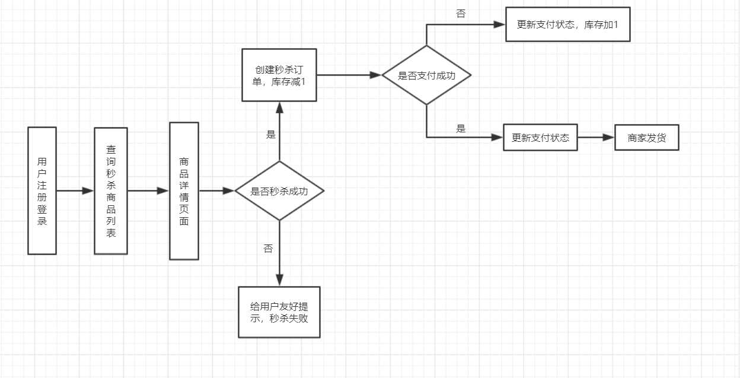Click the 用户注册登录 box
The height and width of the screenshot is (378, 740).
point(42,191)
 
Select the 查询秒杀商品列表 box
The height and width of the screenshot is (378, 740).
point(111,191)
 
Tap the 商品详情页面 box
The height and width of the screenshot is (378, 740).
point(184,191)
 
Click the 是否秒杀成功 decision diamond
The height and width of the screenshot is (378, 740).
point(279,191)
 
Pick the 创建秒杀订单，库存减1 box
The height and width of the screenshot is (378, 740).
point(279,75)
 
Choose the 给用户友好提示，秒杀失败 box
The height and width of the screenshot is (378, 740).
point(279,312)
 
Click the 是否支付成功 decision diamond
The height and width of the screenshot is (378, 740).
point(426,75)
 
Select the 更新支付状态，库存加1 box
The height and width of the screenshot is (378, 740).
point(568,24)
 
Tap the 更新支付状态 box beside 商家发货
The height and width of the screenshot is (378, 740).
point(540,137)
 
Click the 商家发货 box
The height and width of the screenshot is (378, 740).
point(647,137)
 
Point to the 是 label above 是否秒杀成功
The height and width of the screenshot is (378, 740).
point(271,134)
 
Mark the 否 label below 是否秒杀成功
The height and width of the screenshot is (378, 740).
point(268,248)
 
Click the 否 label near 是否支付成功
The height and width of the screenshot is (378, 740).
point(461,13)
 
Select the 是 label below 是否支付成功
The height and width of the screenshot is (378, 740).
point(461,128)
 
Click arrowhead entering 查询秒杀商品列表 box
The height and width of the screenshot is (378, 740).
point(88,191)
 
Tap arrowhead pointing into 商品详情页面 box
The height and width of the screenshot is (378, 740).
point(163,191)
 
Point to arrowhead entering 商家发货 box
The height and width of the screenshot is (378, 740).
point(608,137)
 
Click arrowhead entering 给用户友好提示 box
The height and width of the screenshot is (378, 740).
point(279,281)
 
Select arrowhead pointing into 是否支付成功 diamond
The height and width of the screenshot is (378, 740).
point(375,75)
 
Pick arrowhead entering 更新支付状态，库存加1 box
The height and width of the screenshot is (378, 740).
point(499,24)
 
